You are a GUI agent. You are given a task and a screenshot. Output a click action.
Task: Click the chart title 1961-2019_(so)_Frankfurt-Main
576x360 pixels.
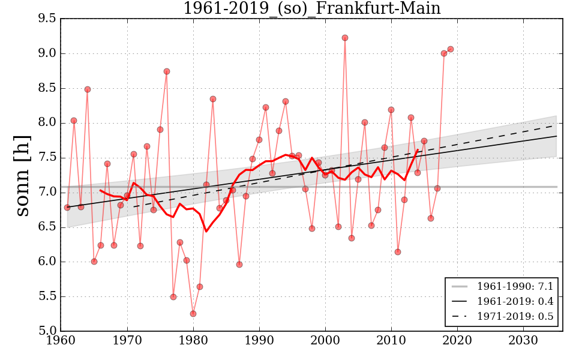pos(311,9)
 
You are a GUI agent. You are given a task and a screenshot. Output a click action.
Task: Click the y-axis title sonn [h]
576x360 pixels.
pos(22,174)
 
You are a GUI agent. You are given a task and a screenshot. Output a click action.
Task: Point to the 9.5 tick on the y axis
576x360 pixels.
pos(47,19)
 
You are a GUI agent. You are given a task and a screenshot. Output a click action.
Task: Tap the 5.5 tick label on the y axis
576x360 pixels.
pos(47,296)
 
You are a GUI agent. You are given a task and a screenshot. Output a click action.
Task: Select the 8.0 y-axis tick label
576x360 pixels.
pos(47,123)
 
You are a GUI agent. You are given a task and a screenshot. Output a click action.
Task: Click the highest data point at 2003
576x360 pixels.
pos(345,38)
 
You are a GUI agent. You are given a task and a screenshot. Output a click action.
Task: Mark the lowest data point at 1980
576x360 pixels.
pos(193,314)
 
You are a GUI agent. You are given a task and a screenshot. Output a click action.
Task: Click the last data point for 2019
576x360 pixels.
pos(451,49)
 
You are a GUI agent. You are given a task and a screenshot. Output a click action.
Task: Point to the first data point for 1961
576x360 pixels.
pos(67,208)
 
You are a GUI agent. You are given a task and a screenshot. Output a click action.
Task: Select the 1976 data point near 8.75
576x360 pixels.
pos(167,71)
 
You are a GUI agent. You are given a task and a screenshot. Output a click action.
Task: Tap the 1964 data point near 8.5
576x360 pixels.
pos(88,89)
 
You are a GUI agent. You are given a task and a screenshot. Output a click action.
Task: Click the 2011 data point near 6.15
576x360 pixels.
pos(398,252)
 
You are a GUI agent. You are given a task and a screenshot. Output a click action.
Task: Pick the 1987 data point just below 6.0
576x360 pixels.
pos(239,265)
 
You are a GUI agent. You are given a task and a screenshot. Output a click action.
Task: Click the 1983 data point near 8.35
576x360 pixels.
pos(213,99)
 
